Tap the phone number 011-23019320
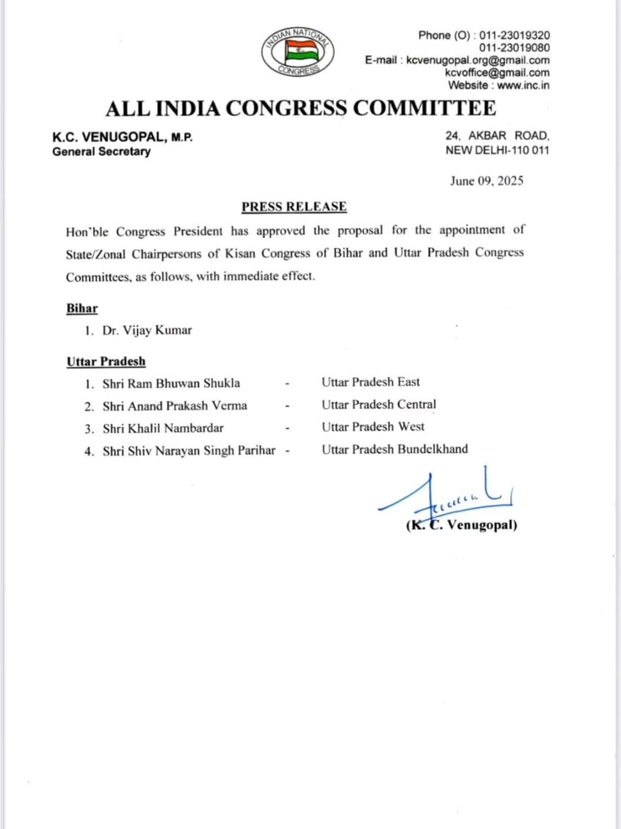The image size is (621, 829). (515, 35)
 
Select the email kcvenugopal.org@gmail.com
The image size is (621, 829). (477, 60)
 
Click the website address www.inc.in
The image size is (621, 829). (523, 85)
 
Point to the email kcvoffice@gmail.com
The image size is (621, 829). (497, 73)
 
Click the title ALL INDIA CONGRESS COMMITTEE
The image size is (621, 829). (300, 108)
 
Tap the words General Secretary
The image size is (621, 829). (101, 151)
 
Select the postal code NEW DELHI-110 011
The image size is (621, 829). (497, 150)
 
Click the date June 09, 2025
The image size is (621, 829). (486, 181)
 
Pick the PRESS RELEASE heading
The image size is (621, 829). (294, 207)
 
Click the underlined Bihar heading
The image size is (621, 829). (82, 309)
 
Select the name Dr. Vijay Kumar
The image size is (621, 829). (147, 330)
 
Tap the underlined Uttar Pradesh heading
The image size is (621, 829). (106, 362)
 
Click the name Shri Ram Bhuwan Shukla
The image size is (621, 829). (171, 383)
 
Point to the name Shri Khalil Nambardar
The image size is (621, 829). (163, 428)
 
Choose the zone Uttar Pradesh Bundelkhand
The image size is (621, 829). (394, 449)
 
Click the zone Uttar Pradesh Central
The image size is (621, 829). (379, 405)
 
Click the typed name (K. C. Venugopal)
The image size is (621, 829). (462, 525)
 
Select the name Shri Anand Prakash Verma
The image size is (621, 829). (175, 406)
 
